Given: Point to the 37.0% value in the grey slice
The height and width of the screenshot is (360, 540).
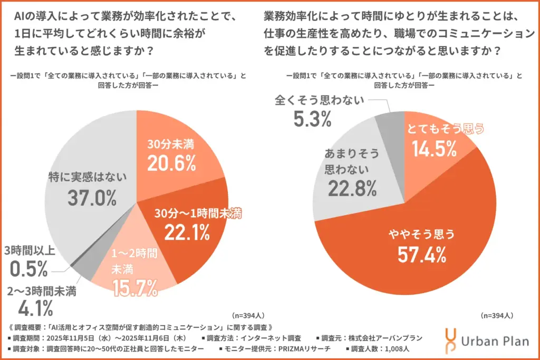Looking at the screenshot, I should point(92,198).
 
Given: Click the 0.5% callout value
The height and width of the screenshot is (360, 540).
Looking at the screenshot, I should point(29,269).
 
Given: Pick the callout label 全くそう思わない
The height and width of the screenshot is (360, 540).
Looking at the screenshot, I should point(319,100).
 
